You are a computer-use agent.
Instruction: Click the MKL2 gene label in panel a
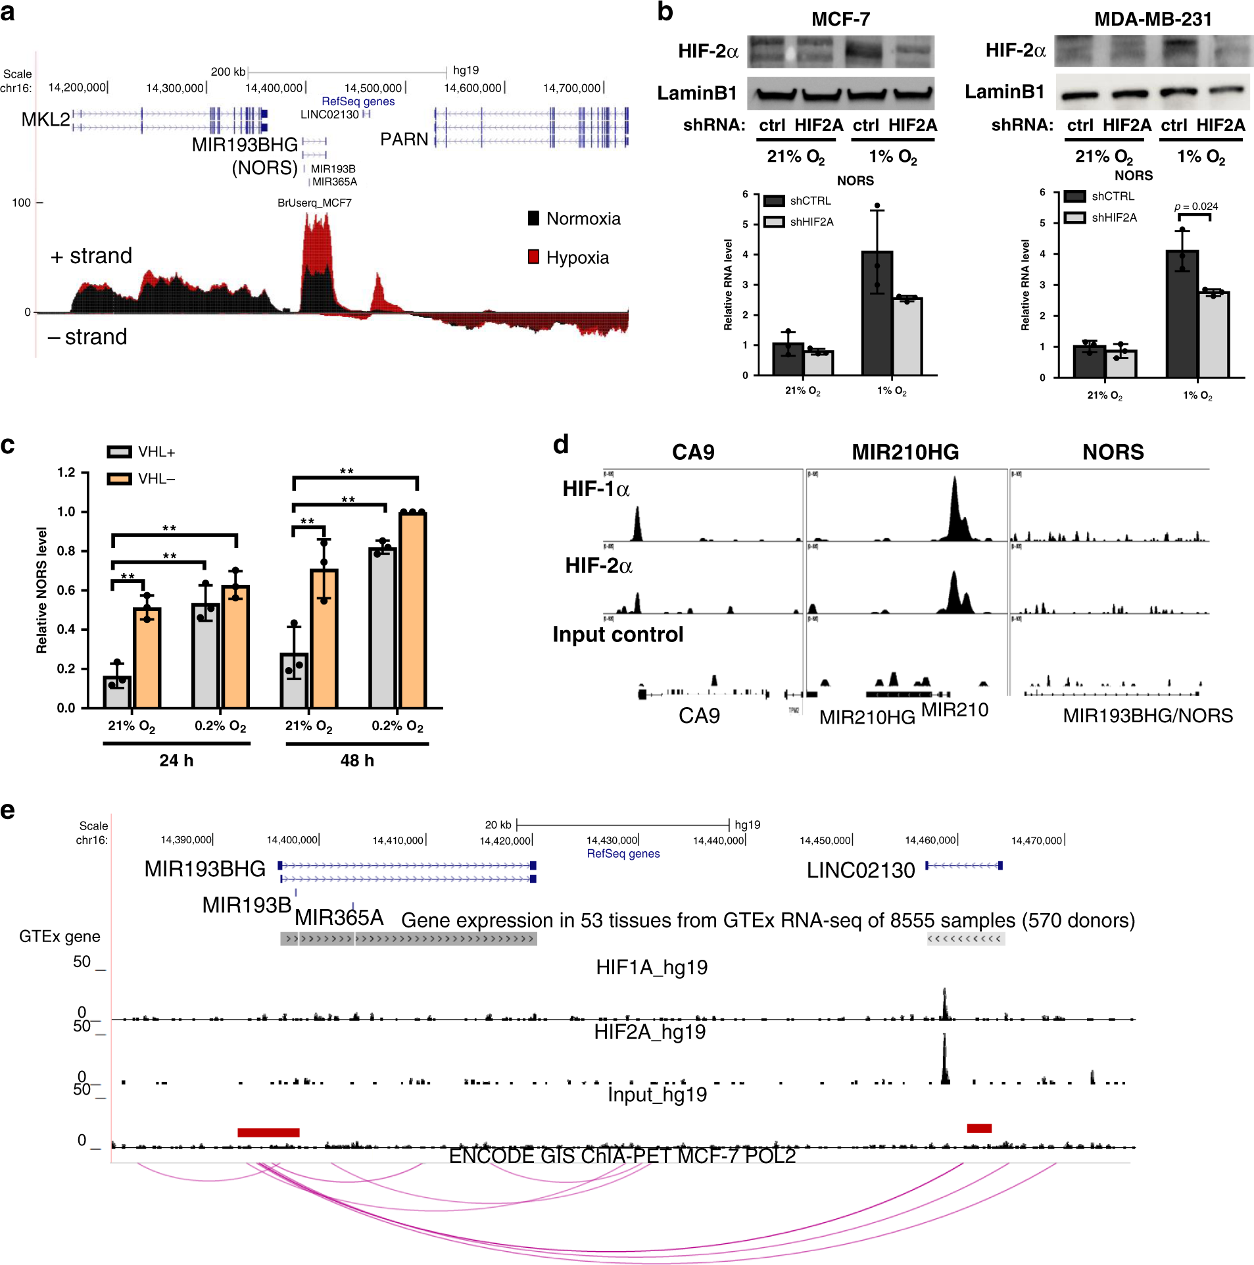click(45, 119)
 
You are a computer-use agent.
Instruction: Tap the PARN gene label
click(404, 139)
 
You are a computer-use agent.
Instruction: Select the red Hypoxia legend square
click(533, 257)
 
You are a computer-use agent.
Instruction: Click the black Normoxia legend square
click(533, 218)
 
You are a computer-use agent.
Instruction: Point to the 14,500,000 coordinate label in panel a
click(373, 88)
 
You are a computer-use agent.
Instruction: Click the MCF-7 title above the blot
click(840, 19)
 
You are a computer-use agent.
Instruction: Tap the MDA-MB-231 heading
click(1152, 19)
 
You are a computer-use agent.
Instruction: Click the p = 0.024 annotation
click(1195, 207)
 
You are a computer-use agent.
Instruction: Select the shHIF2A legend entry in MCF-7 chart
click(800, 222)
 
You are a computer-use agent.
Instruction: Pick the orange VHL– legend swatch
click(119, 478)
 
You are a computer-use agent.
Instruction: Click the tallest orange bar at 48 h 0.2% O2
click(412, 608)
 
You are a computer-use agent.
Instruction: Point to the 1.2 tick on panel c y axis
click(66, 472)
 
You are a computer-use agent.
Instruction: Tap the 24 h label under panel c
click(176, 760)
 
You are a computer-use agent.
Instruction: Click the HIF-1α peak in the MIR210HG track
click(955, 507)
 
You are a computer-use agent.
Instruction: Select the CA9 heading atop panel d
click(693, 452)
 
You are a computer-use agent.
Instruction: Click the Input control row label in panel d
click(617, 634)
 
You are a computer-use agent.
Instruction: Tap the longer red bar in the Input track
click(268, 1132)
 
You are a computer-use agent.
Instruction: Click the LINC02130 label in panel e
click(860, 870)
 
